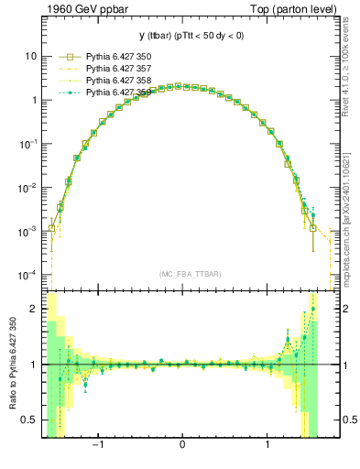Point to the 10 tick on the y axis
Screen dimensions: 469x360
[x=31, y=56]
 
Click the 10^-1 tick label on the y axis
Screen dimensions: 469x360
[x=28, y=144]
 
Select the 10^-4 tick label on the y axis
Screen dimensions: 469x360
[x=28, y=276]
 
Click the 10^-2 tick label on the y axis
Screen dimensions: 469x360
[x=28, y=188]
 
